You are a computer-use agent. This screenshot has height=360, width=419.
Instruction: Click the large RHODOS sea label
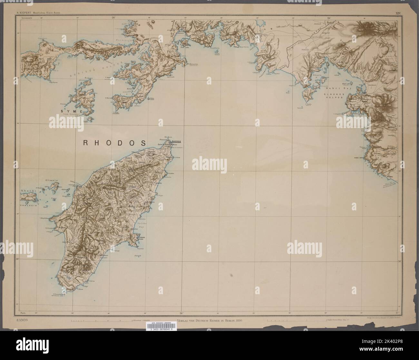tap(114, 143)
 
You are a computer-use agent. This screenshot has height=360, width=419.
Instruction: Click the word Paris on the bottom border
tap(23, 313)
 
